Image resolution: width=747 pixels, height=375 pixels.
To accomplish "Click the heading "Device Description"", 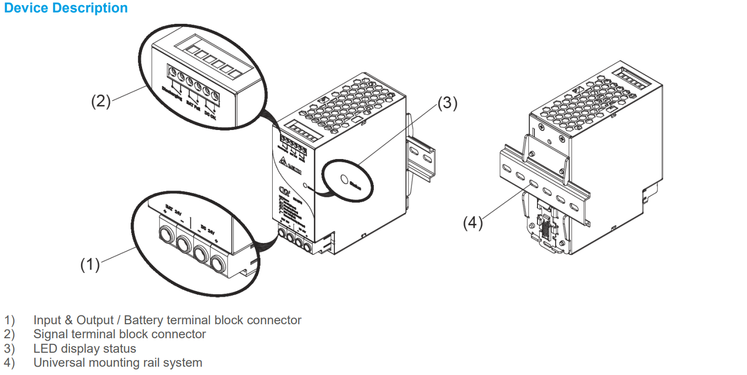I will coord(66,8).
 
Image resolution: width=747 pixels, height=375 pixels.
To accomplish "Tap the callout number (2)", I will coord(101,101).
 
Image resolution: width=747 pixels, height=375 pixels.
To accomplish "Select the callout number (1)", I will coord(90,264).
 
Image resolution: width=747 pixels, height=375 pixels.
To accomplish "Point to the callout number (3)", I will coord(447,104).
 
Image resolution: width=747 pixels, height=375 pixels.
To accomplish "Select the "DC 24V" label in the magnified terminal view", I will coord(207,229).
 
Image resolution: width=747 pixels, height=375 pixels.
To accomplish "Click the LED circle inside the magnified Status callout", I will coord(343,179).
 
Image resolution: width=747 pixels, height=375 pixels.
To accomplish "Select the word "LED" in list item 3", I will coord(45,349).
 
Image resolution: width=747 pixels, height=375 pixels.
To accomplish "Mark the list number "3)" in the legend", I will coord(10,349).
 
